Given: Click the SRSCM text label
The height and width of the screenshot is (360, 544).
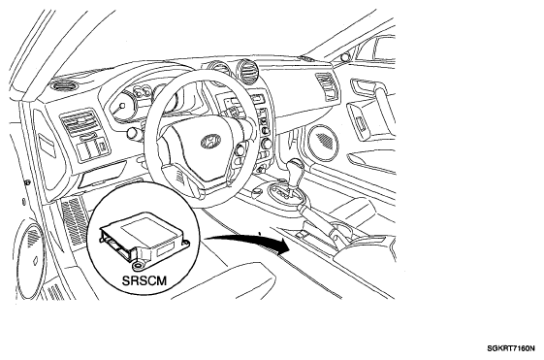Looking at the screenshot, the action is [144, 280].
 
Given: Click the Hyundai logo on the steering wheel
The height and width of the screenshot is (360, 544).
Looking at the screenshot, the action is [210, 142].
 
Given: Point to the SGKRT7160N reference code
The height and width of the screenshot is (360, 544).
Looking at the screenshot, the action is [511, 348].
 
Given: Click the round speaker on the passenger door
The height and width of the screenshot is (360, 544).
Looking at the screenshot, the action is [324, 142].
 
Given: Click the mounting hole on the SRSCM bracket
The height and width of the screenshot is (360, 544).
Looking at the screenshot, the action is [139, 266].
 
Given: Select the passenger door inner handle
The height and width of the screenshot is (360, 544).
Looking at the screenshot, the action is [364, 86].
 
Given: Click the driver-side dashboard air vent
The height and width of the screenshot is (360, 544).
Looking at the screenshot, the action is [80, 122].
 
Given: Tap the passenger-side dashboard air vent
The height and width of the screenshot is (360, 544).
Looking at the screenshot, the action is [327, 85].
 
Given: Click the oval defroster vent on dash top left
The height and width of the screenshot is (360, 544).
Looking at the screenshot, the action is [66, 85].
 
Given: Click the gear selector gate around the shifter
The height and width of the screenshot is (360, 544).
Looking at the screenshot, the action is [287, 195].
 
